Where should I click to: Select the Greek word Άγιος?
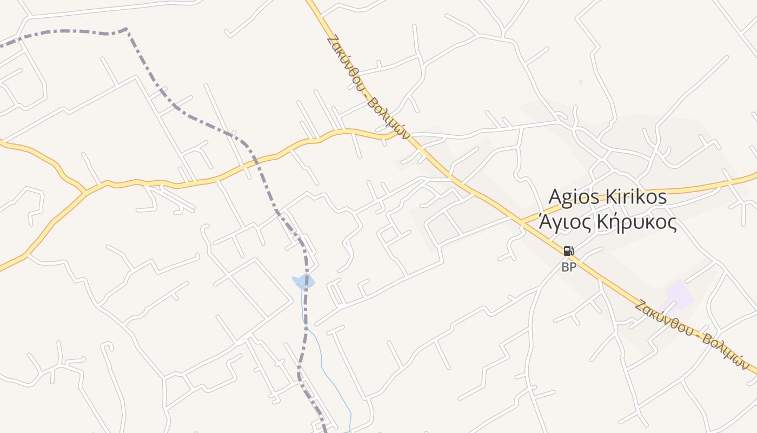[562, 222]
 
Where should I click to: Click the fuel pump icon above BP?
[568, 251]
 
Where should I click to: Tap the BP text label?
[568, 267]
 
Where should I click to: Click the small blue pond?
[303, 281]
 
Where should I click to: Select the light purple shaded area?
[679, 295]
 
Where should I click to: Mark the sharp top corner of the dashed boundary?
[126, 29]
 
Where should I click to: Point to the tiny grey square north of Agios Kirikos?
[580, 82]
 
